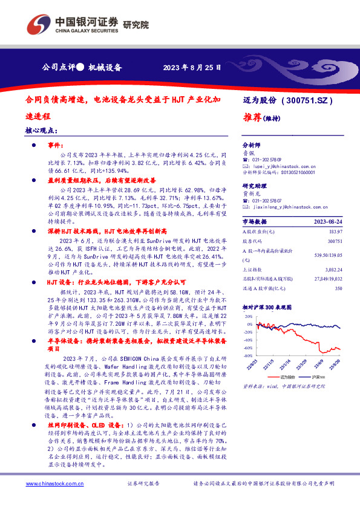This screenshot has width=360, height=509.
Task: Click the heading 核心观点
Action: tap(41, 131)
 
